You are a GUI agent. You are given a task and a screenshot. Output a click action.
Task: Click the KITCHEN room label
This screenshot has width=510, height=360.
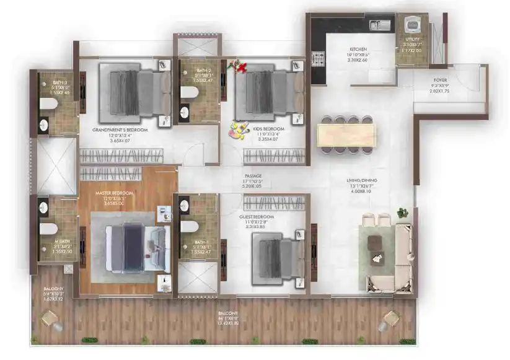(x=359, y=49)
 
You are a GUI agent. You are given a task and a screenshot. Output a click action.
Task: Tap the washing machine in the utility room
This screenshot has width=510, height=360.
(x=410, y=24)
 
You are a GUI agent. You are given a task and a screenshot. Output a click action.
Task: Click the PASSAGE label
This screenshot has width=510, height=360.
(x=252, y=176)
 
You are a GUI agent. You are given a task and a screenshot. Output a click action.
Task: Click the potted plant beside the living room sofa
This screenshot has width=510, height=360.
(x=403, y=213)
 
